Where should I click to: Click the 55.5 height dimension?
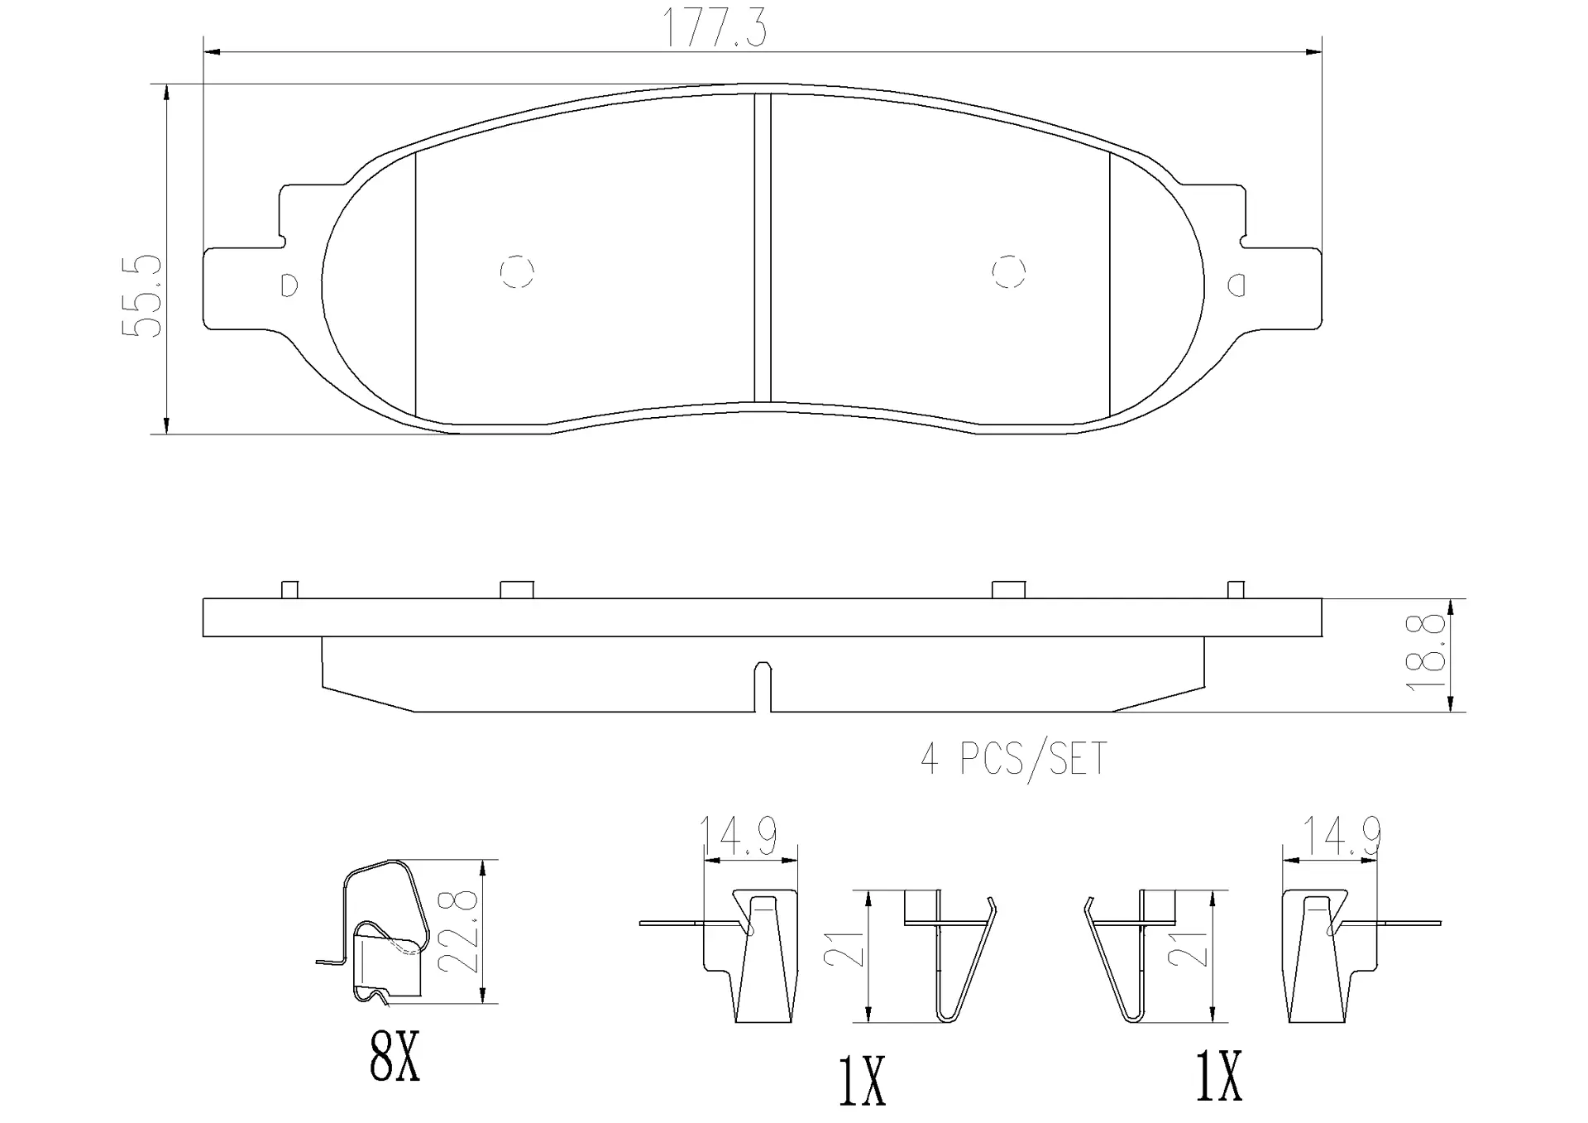pos(142,295)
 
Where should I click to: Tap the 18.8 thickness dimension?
pos(1430,653)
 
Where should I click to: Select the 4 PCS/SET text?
pos(1013,758)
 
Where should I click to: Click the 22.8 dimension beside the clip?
pos(460,932)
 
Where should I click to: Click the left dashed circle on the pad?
pos(517,271)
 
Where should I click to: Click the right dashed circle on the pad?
pos(1008,271)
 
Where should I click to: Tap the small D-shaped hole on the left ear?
pos(289,285)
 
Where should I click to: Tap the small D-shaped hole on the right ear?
pos(1236,286)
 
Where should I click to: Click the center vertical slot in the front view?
pos(763,248)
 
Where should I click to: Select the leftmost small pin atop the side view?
pos(289,589)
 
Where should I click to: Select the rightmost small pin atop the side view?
pos(1236,589)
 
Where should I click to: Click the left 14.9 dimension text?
pos(738,836)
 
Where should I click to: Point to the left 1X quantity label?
pos(862,1081)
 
